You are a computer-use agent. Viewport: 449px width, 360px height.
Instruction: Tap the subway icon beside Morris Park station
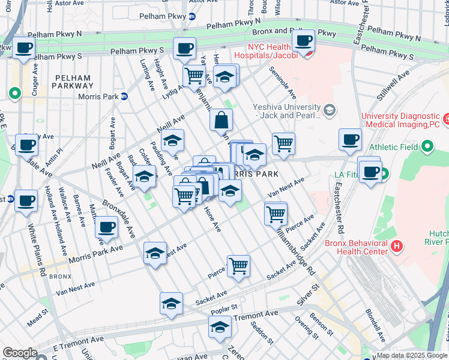point(124,96)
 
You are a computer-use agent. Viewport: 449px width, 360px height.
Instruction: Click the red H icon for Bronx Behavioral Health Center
point(396,245)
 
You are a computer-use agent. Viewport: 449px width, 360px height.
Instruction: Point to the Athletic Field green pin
point(427,146)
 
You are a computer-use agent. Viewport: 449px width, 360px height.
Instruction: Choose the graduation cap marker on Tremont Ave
point(220,329)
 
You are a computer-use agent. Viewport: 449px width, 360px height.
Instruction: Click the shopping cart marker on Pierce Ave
point(238,266)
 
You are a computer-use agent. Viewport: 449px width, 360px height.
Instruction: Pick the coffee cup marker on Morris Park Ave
point(107,228)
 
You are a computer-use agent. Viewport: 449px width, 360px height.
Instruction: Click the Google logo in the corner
point(20,353)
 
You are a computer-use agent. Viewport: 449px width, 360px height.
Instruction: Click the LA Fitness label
point(349,175)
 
